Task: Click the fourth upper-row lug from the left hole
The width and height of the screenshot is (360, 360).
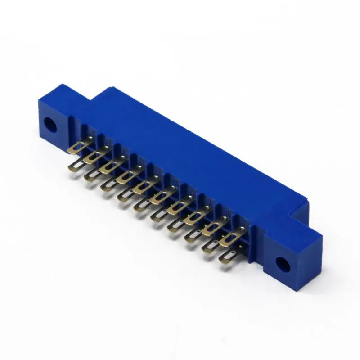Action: [124, 176]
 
